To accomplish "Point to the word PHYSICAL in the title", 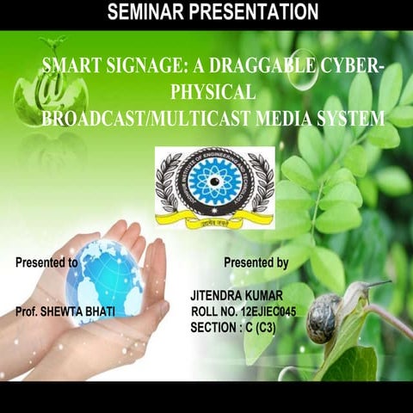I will click(212, 92).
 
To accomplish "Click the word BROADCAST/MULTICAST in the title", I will click(152, 118).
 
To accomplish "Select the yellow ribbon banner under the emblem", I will click(213, 220).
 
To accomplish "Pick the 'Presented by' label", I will click(256, 261).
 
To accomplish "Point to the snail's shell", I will click(324, 317).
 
